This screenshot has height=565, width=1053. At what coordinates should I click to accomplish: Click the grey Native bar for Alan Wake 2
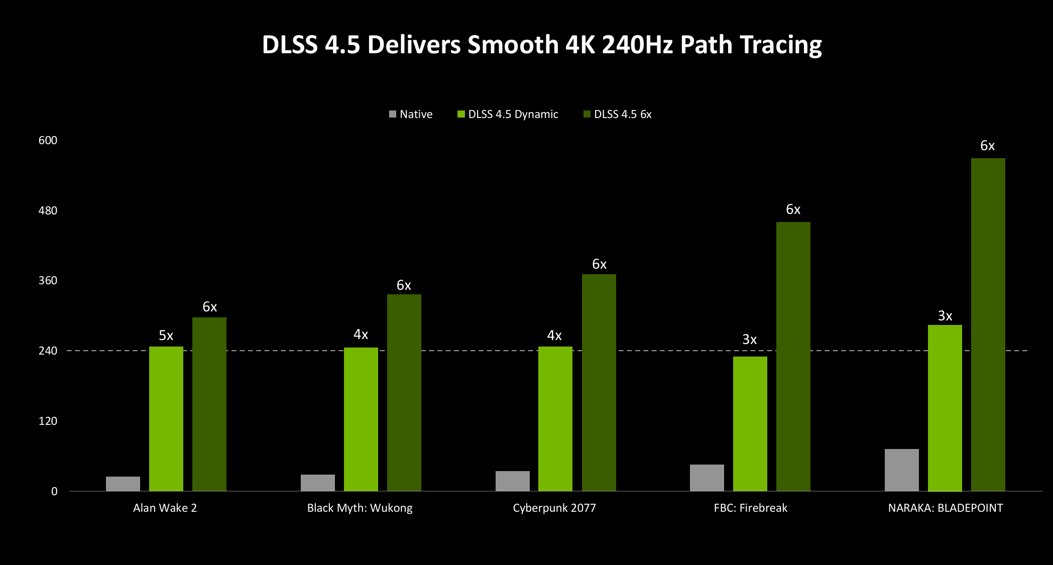coord(123,484)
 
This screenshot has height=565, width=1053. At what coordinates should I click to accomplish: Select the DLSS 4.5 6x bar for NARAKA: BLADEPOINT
coord(988,324)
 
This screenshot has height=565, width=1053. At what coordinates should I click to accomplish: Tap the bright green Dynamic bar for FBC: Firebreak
coord(750,423)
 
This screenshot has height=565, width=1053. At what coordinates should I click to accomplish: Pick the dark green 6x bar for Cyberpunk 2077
coord(599,382)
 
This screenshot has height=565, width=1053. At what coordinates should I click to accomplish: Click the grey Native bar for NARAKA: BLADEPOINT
coord(901,470)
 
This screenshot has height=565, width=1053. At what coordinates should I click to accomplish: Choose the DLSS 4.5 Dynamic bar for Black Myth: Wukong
coord(361,419)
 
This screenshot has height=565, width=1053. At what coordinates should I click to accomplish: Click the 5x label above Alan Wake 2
coord(166,335)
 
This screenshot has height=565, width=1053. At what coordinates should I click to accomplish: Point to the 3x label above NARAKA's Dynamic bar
coord(945,316)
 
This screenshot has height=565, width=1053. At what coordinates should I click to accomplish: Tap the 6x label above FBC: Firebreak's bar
coord(793,209)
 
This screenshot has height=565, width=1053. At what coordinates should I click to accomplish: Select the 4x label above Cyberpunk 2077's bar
coord(554,335)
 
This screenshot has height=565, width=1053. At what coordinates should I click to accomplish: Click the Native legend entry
coord(411,115)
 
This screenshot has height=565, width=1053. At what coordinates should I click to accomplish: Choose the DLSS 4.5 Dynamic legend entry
coord(508,115)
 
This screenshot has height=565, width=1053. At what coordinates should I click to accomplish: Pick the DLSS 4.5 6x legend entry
coord(618,115)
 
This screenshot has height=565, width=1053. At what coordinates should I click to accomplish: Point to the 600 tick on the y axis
coord(48,141)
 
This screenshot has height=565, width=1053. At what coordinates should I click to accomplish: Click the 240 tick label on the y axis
coord(48,351)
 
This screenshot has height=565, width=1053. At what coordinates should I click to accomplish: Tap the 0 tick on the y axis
coord(54,492)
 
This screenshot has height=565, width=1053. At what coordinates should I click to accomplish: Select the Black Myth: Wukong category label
coord(360,508)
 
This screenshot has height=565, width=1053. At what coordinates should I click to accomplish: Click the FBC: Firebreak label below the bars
coord(750,508)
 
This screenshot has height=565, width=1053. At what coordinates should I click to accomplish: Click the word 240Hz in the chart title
coord(637,45)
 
